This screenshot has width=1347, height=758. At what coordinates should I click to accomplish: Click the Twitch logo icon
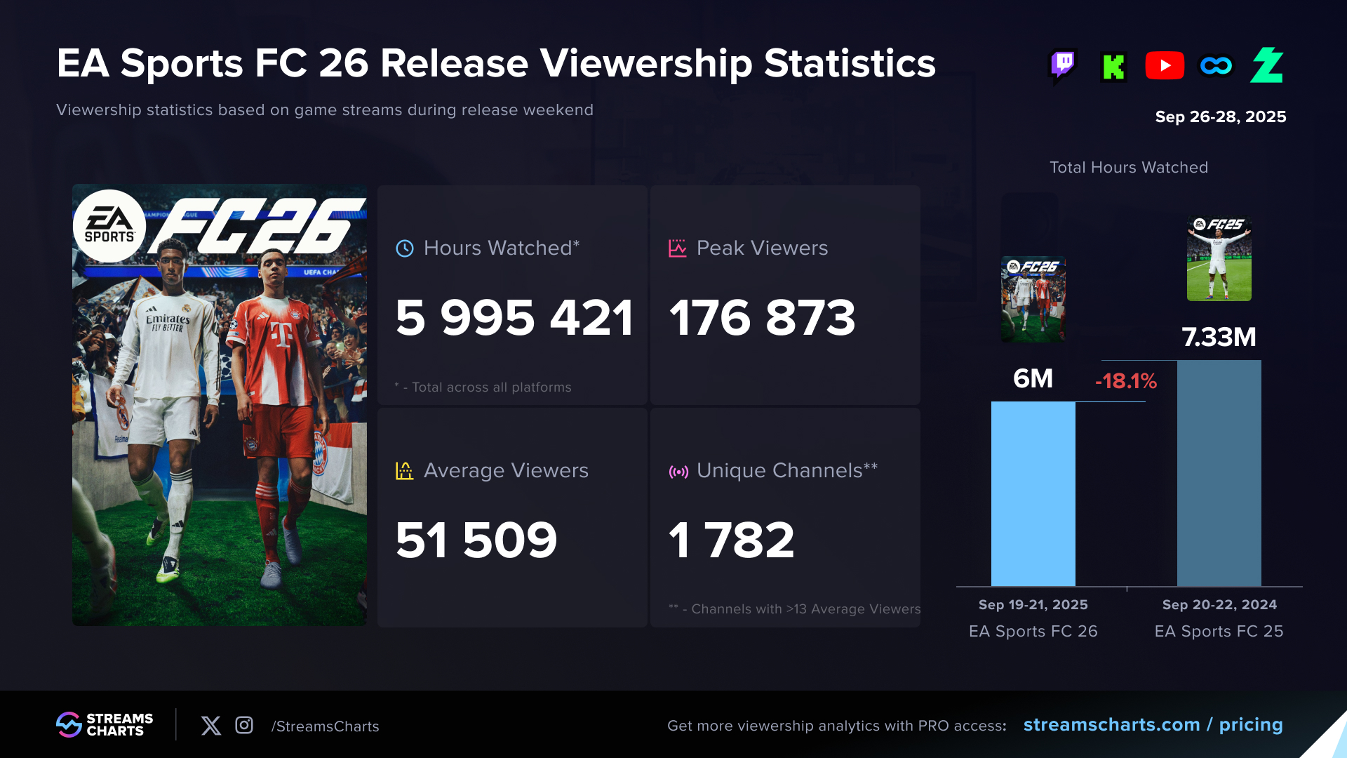click(x=1063, y=66)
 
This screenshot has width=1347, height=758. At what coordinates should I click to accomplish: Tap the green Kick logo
click(x=1113, y=67)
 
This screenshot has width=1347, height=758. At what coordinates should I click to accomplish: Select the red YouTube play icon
click(x=1165, y=66)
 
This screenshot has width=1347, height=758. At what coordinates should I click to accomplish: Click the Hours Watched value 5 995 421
click(x=514, y=318)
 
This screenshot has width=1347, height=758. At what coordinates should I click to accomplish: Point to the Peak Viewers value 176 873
click(x=763, y=318)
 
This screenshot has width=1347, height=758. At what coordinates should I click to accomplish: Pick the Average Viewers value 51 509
click(x=476, y=540)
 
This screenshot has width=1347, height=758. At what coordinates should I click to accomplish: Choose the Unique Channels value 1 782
click(x=732, y=540)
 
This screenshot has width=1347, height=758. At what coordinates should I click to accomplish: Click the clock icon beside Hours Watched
click(x=405, y=248)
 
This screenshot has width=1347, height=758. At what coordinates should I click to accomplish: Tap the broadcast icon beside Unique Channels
click(x=678, y=472)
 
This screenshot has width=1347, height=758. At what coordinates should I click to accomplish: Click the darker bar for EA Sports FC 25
click(x=1219, y=473)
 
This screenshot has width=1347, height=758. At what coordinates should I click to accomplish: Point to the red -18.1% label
click(x=1126, y=381)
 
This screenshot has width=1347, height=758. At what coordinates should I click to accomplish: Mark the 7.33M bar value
click(x=1219, y=338)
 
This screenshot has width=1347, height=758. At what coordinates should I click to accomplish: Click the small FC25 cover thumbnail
click(x=1219, y=258)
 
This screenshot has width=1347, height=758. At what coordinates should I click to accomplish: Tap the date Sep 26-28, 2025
click(x=1220, y=117)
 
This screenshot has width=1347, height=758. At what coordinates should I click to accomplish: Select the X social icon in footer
click(x=211, y=725)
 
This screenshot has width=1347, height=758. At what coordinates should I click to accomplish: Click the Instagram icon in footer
click(x=244, y=725)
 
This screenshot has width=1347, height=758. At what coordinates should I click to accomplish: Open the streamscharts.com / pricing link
click(x=1153, y=725)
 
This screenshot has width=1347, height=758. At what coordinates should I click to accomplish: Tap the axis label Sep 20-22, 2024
click(x=1219, y=605)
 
